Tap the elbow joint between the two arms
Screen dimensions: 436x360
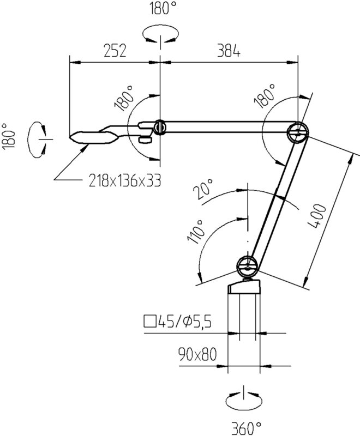298,131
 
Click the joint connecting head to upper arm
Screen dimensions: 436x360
159,127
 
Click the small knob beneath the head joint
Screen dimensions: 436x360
145,140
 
